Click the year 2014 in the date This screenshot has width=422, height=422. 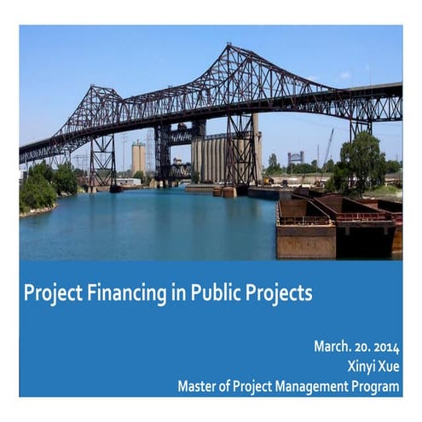tap(384, 347)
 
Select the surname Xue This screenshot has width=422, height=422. tap(389, 367)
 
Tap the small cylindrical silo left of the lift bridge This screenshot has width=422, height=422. tap(138, 157)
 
